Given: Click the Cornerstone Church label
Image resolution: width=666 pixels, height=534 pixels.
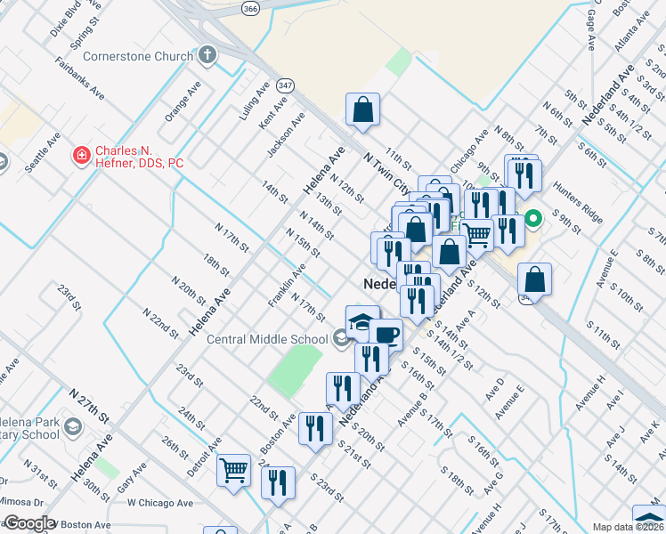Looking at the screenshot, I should (x=137, y=56).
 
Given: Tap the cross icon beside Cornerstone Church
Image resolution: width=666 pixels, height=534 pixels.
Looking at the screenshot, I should (x=207, y=56).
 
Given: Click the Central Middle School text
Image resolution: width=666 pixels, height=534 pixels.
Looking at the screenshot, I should (x=266, y=338).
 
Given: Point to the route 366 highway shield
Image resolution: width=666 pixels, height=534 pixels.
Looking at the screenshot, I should (x=250, y=8).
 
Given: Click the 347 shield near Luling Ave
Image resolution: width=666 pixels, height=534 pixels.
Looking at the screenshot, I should (x=285, y=85).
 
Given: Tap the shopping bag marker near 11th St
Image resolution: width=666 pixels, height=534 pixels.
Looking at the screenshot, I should (x=363, y=109).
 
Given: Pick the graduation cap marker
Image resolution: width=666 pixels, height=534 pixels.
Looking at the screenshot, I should (x=362, y=322).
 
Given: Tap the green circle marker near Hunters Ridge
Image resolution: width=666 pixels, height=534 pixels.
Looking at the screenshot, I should (x=533, y=218).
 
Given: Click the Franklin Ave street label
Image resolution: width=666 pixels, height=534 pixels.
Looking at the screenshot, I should (x=288, y=285).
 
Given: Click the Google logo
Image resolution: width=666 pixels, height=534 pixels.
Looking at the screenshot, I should (x=29, y=523).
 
